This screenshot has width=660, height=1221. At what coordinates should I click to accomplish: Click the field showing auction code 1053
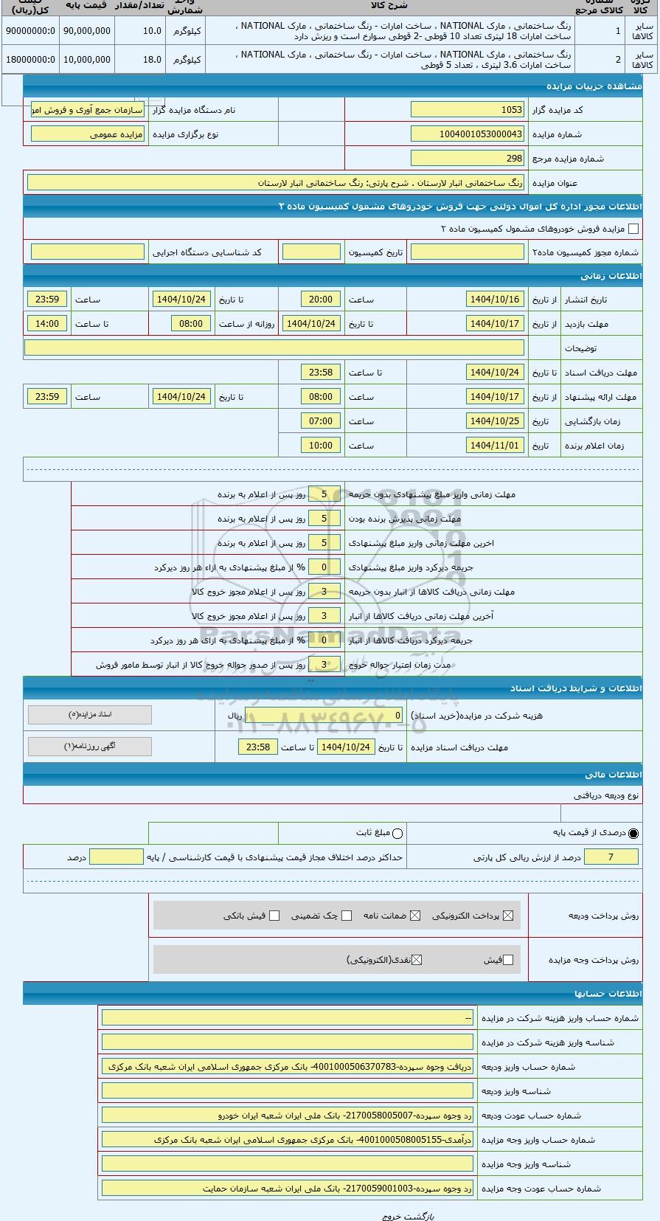pos(467,110)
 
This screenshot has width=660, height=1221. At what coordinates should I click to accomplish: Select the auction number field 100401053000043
pos(467,134)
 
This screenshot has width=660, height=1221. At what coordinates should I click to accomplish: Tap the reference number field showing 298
pos(467,158)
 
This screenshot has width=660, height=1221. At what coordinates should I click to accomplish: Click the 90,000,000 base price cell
pos(86,31)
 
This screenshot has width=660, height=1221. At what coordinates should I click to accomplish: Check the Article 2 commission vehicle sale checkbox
pos(633,229)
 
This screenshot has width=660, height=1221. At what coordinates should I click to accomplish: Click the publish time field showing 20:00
pos(321,300)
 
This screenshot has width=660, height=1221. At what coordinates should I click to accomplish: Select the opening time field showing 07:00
pos(321,421)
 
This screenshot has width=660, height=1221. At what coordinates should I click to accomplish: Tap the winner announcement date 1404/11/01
pos(495,446)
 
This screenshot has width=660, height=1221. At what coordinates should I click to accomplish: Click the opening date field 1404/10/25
pos(495,421)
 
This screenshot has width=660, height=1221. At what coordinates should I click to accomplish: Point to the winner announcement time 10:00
pos(321,446)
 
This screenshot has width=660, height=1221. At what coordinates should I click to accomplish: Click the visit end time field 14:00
pos(47,324)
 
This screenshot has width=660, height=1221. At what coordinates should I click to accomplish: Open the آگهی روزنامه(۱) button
pos(90,747)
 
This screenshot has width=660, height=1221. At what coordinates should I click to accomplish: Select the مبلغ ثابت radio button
pos(398,834)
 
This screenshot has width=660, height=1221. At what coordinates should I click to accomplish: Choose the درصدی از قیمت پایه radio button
pos(633,834)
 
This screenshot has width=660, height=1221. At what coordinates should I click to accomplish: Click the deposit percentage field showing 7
pos(611,857)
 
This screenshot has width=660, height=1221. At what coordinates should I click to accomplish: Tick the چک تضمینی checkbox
pos(347,916)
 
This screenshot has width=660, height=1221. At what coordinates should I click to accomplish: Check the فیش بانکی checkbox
pos(274,916)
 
